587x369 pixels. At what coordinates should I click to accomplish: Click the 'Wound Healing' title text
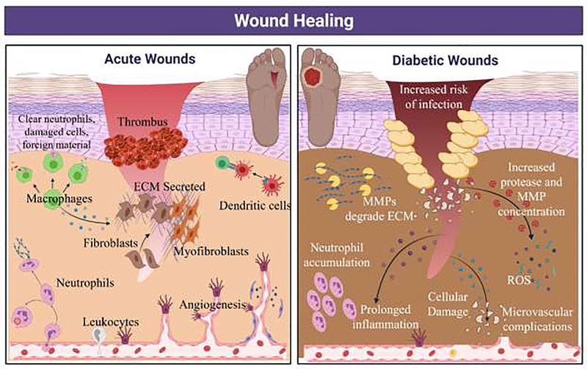click(x=293, y=19)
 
